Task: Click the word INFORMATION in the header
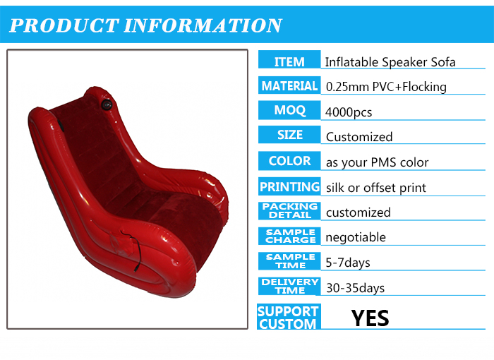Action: click(203, 25)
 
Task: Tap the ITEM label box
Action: click(289, 59)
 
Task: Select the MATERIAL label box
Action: click(289, 85)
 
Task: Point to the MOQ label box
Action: click(289, 110)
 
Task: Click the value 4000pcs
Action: click(349, 112)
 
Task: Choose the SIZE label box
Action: click(289, 135)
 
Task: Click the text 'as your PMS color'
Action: click(377, 162)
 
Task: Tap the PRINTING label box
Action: click(289, 186)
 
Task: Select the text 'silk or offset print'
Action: click(376, 188)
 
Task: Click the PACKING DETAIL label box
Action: click(289, 211)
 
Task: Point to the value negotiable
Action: click(356, 237)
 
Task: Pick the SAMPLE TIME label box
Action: click(289, 261)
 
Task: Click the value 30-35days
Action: click(356, 288)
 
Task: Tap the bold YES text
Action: click(370, 318)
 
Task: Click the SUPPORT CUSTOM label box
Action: click(289, 317)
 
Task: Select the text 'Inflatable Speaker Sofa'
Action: click(390, 62)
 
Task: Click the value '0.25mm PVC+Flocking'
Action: click(386, 87)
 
